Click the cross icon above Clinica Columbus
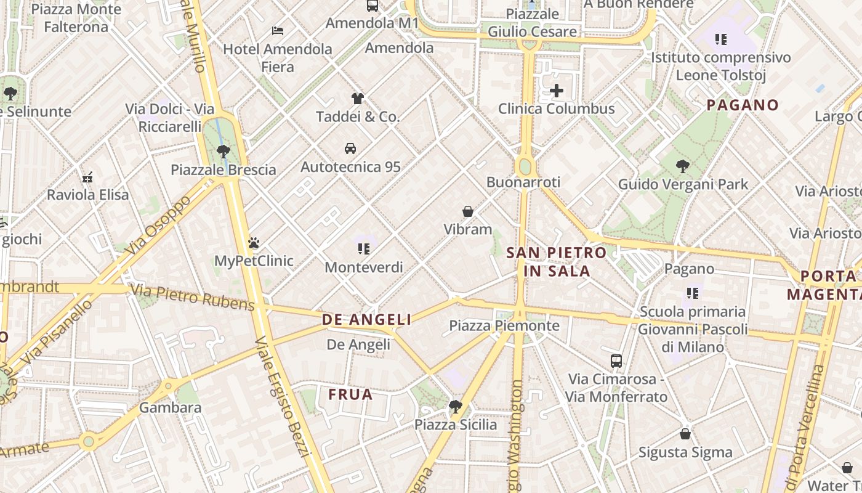pyautogui.click(x=556, y=91)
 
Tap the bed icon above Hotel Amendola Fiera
pyautogui.click(x=278, y=30)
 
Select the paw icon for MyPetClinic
pyautogui.click(x=253, y=243)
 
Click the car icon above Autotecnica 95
pyautogui.click(x=350, y=149)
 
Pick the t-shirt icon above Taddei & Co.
pyautogui.click(x=357, y=98)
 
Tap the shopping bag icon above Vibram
pyautogui.click(x=468, y=211)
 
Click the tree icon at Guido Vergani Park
pyautogui.click(x=682, y=166)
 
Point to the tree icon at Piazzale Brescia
pyautogui.click(x=223, y=151)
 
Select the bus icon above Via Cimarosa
pyautogui.click(x=616, y=361)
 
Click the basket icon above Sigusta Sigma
pyautogui.click(x=685, y=434)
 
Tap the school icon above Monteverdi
pyautogui.click(x=363, y=249)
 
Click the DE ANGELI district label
pyautogui.click(x=366, y=319)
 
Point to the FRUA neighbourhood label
pyautogui.click(x=350, y=394)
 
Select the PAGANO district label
pyautogui.click(x=743, y=105)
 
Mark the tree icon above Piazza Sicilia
pyautogui.click(x=456, y=406)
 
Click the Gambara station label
pyautogui.click(x=170, y=407)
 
